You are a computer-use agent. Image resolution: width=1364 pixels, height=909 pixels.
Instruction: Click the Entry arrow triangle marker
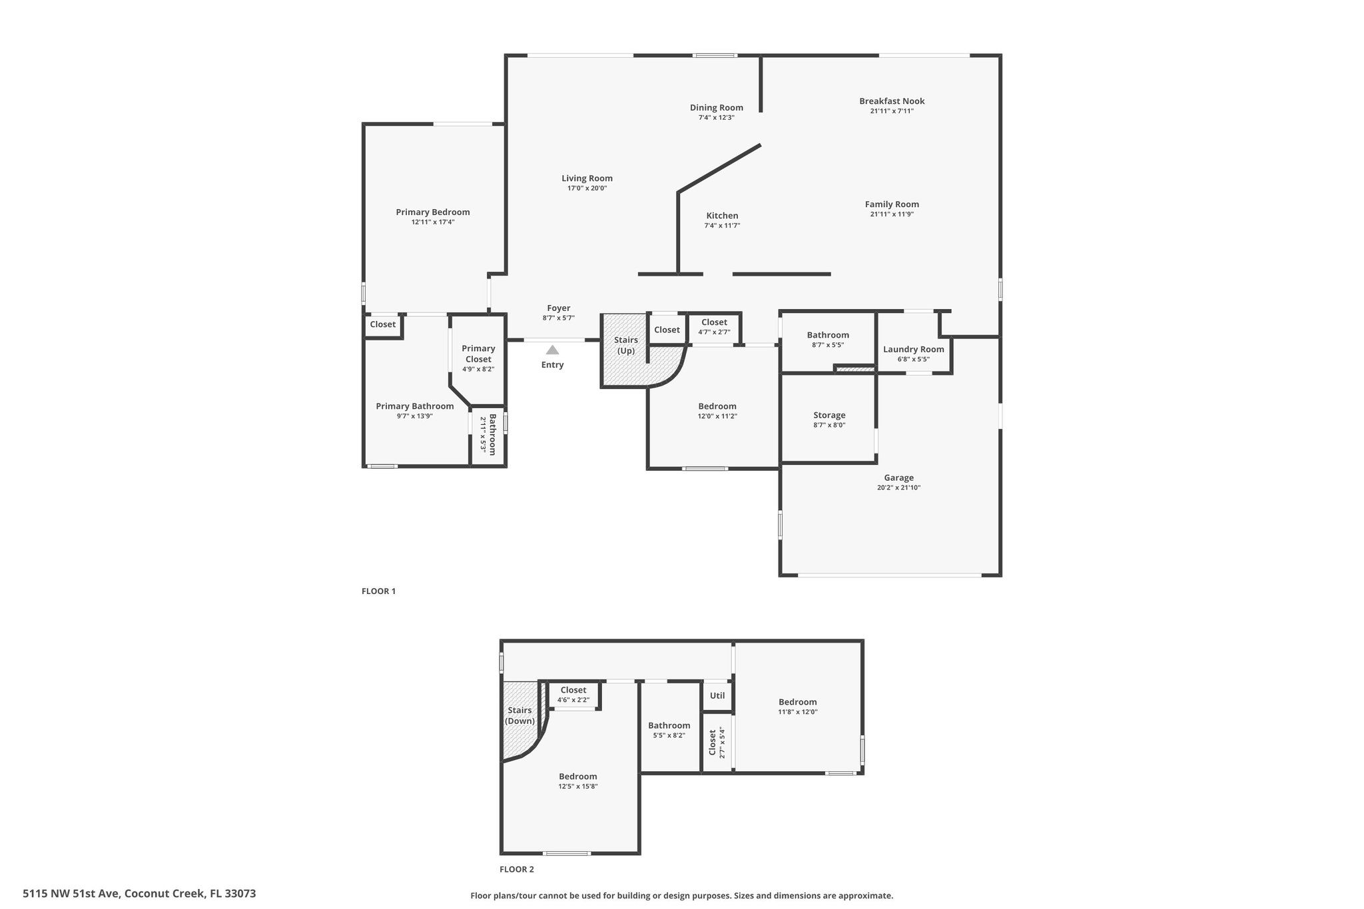[x=552, y=350]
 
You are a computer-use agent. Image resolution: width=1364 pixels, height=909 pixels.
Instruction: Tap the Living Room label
[x=587, y=178]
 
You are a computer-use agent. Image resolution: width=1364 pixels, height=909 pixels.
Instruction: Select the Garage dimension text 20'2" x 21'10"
[x=898, y=487]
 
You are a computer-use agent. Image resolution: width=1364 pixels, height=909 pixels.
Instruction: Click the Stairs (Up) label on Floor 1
[x=626, y=346]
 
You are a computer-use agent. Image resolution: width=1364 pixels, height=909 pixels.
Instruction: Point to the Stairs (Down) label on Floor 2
[x=519, y=716]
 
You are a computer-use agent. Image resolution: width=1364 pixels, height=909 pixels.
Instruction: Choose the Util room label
[x=717, y=695]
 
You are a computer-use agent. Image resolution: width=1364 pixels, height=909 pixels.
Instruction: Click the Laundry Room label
[x=913, y=350]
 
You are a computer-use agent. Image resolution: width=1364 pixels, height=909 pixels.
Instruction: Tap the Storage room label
[x=829, y=416]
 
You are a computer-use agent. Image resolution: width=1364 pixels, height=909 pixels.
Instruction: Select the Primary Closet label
[x=478, y=354]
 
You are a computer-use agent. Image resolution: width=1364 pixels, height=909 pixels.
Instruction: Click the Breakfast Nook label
[x=892, y=101]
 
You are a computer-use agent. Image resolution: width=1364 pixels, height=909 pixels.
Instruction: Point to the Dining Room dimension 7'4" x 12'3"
[x=716, y=118]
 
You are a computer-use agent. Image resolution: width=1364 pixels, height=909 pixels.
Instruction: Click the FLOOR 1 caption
[x=378, y=591]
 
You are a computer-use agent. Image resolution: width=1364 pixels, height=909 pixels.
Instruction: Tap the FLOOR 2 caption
[x=517, y=869]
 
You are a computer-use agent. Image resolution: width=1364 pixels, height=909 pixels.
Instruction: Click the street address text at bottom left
[x=139, y=894]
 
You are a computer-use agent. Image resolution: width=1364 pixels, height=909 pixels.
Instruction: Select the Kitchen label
[x=722, y=216]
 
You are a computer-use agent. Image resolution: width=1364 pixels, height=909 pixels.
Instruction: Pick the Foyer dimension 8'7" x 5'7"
[x=558, y=318]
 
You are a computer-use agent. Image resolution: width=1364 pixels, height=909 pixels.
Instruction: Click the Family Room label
[x=892, y=204]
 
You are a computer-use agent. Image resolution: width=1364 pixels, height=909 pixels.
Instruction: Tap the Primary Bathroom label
[x=414, y=406]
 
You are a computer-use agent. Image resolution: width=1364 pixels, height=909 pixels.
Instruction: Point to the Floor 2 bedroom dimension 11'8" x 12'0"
[x=797, y=712]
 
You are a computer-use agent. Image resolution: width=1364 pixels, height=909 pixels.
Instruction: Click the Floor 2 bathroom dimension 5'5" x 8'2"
[x=669, y=735]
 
